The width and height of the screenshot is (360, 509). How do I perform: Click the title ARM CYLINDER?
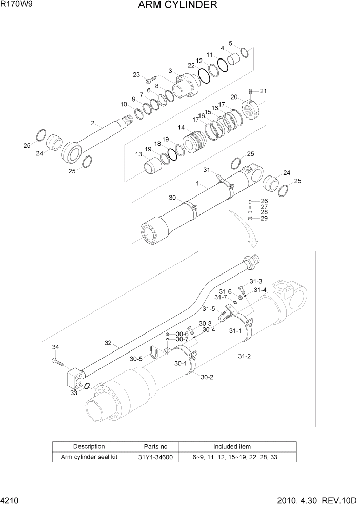point(177,6)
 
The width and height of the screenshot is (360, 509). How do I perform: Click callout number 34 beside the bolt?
point(55,347)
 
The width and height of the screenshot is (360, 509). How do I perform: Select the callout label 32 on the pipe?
point(108,343)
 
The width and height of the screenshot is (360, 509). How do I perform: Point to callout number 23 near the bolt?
point(136,75)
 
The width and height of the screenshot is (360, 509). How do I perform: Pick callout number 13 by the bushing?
point(138,154)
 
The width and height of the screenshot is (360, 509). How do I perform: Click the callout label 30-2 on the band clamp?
point(207,377)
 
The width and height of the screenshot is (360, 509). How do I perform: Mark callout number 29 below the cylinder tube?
point(264,219)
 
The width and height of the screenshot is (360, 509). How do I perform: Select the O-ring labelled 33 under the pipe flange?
point(87,386)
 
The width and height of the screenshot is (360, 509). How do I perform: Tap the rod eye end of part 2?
point(71,153)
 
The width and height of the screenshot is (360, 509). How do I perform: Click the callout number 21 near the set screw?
point(263,91)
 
